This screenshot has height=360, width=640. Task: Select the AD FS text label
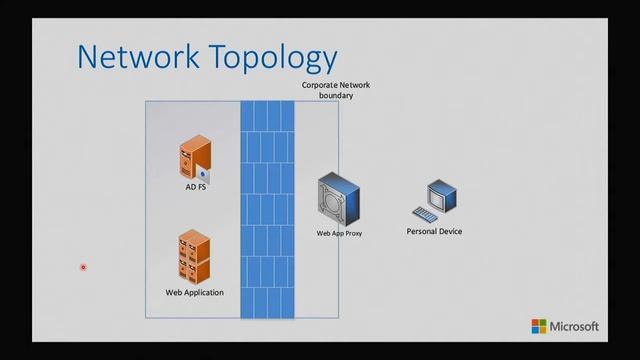tap(196, 186)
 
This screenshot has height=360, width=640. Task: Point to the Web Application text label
tap(195, 292)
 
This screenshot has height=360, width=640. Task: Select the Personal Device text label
tap(434, 231)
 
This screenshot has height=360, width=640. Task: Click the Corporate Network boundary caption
tap(328, 91)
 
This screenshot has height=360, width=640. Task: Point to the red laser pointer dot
tap(83, 267)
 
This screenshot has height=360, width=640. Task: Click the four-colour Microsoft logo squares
tap(539, 326)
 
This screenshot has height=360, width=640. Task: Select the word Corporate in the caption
tap(316, 85)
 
